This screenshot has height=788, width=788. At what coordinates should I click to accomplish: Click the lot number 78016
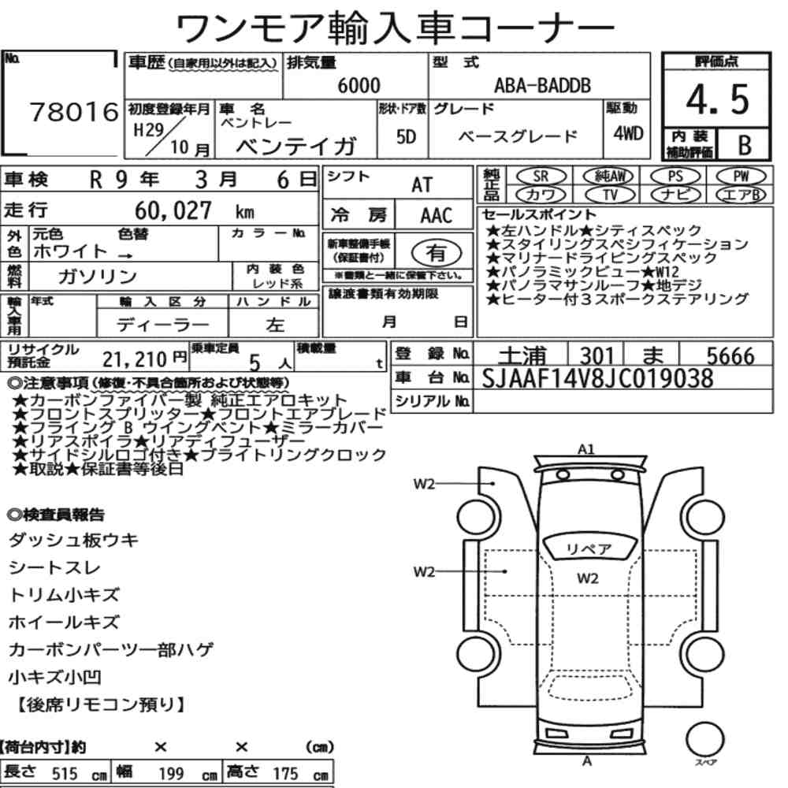click(x=74, y=112)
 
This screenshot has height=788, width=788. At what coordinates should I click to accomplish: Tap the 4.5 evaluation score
click(x=717, y=99)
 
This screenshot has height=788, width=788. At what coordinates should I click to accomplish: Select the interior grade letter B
click(x=745, y=145)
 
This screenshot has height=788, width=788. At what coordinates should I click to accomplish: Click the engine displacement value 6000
click(x=359, y=85)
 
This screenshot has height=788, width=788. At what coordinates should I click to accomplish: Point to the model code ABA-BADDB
click(x=542, y=85)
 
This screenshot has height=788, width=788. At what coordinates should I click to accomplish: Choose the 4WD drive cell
click(x=628, y=133)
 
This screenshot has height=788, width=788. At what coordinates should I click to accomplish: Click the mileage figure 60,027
click(x=173, y=210)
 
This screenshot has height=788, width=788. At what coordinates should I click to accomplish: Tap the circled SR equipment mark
click(x=541, y=177)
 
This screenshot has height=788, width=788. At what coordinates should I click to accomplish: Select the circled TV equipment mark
click(x=610, y=195)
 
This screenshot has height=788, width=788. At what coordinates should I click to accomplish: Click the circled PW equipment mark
click(x=741, y=177)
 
